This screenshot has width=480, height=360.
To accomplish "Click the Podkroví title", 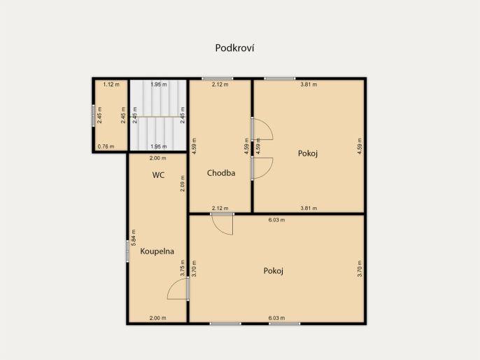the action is pyautogui.click(x=234, y=48).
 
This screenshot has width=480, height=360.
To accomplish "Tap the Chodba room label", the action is pyautogui.click(x=221, y=173).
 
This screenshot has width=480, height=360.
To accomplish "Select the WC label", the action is pyautogui.click(x=158, y=175).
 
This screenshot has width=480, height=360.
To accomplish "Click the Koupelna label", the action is pyautogui.click(x=157, y=251).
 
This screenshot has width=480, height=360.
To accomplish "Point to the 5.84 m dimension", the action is pyautogui.click(x=133, y=237).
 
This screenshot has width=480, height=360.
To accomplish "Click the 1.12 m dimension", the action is pyautogui.click(x=111, y=84).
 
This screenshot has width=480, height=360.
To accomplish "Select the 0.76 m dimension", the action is pyautogui.click(x=106, y=147).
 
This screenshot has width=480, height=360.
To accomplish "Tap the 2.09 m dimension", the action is pyautogui.click(x=183, y=184).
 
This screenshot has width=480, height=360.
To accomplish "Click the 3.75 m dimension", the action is pyautogui.click(x=183, y=268).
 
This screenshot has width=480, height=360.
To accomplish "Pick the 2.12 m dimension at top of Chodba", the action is pyautogui.click(x=220, y=84).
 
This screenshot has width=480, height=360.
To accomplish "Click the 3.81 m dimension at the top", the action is pyautogui.click(x=309, y=84).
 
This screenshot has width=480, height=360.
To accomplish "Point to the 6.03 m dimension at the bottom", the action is pyautogui.click(x=277, y=318).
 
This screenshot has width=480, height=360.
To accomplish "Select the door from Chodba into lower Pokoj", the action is pyautogui.click(x=223, y=224).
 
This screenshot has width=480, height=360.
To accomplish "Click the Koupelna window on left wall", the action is pyautogui.click(x=127, y=251).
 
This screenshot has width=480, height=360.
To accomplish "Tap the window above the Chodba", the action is pyautogui.click(x=218, y=78).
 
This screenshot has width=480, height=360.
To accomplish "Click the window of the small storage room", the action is pyautogui.click(x=93, y=116).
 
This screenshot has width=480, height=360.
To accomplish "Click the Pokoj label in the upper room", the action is pyautogui.click(x=308, y=153).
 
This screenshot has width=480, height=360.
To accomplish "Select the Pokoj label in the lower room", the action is pyautogui.click(x=274, y=271).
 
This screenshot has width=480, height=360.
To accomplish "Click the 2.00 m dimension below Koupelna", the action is pyautogui.click(x=157, y=318).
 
